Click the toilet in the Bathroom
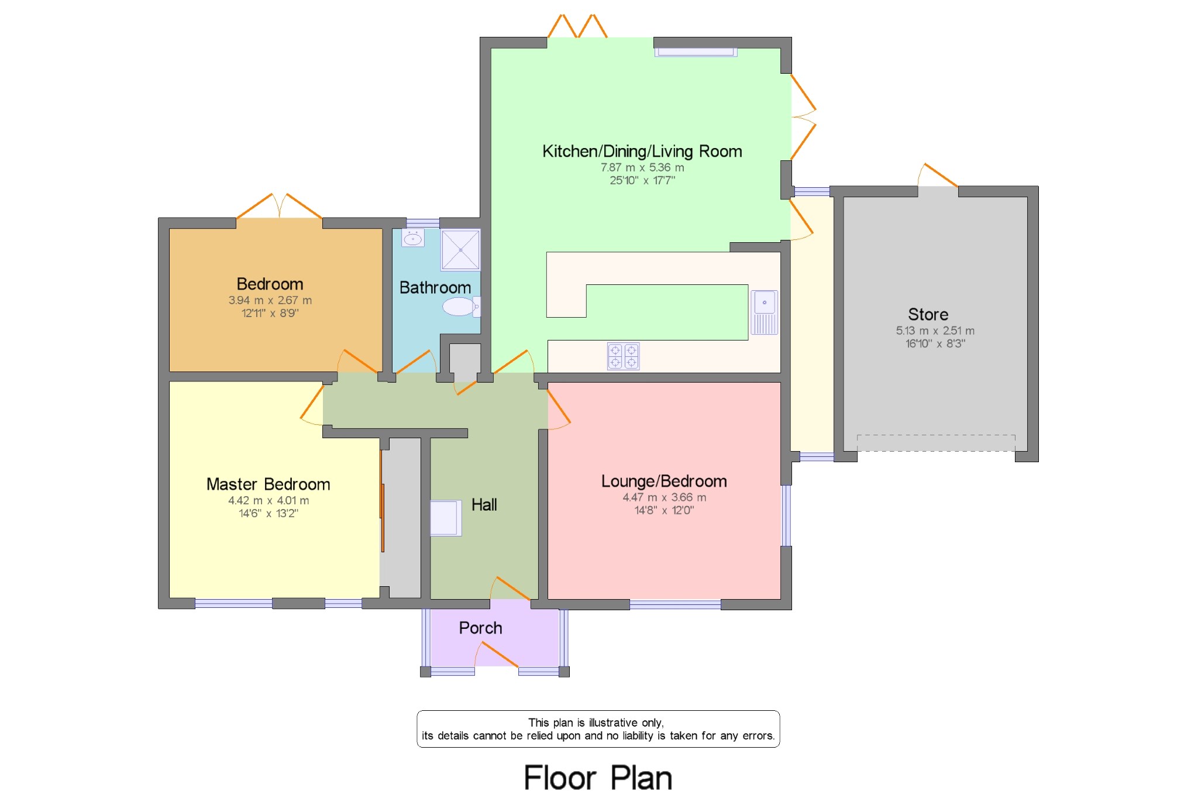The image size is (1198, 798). point(462,306)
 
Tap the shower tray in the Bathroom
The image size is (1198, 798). point(460,250)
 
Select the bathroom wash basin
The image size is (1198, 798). point(413,238)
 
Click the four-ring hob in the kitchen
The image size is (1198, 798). point(623,356)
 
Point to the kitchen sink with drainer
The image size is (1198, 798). point(765,312)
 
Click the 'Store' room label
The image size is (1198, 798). point(928,314)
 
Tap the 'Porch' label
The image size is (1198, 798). point(480,628)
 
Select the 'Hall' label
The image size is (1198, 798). point(484,504)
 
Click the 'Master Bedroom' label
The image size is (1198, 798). point(268,484)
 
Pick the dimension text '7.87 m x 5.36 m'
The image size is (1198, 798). point(642,167)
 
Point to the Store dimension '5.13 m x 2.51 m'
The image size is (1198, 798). point(935,331)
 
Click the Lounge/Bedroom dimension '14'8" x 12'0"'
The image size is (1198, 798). point(664,510)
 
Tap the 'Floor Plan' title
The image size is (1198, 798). point(598,778)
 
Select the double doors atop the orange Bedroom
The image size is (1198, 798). point(279,206)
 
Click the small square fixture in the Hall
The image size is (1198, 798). point(446,518)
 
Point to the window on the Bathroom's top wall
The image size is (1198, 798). point(423,223)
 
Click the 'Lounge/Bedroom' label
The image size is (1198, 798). point(664,481)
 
